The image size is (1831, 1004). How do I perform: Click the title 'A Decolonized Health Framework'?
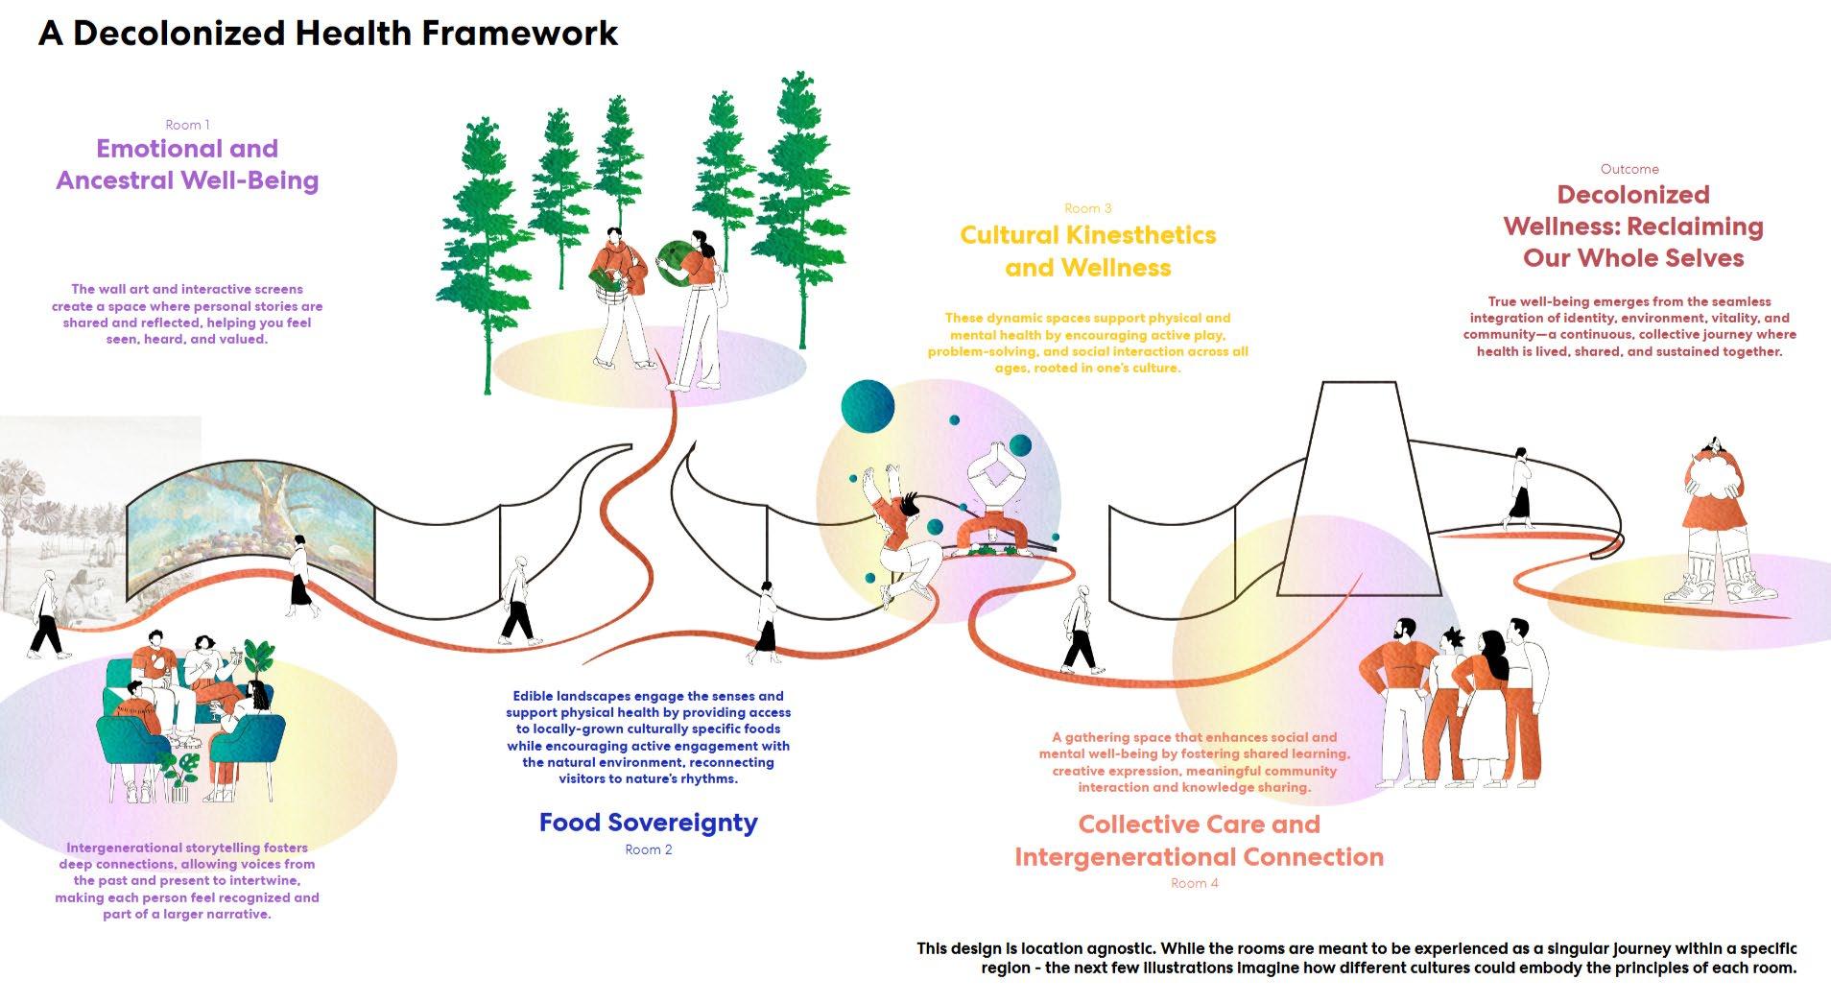coord(328,34)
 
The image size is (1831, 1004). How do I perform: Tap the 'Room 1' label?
coord(187,125)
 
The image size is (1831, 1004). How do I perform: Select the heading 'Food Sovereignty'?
coord(648,823)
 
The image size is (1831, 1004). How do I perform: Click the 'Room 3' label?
coord(1087,208)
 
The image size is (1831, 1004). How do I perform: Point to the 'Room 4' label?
coord(1194,883)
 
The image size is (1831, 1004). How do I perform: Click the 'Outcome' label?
coord(1629,169)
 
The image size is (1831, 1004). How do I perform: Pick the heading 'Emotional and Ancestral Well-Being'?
coord(187,164)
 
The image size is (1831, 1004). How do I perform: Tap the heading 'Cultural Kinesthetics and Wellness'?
coord(1088,251)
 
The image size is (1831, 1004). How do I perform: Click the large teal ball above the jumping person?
coord(868,406)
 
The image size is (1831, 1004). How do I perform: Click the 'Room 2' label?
coord(648,849)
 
